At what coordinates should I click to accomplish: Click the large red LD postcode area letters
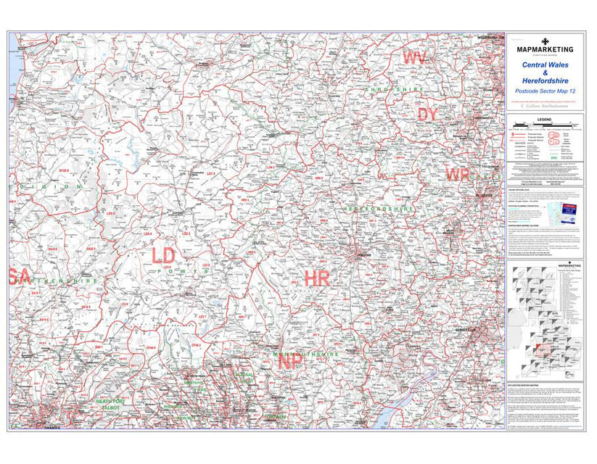click(x=163, y=254)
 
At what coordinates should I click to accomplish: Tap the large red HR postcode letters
click(x=317, y=277)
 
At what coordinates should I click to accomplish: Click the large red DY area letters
click(x=427, y=114)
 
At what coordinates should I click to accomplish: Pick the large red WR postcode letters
click(x=458, y=175)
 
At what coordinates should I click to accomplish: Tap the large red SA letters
click(x=20, y=276)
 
